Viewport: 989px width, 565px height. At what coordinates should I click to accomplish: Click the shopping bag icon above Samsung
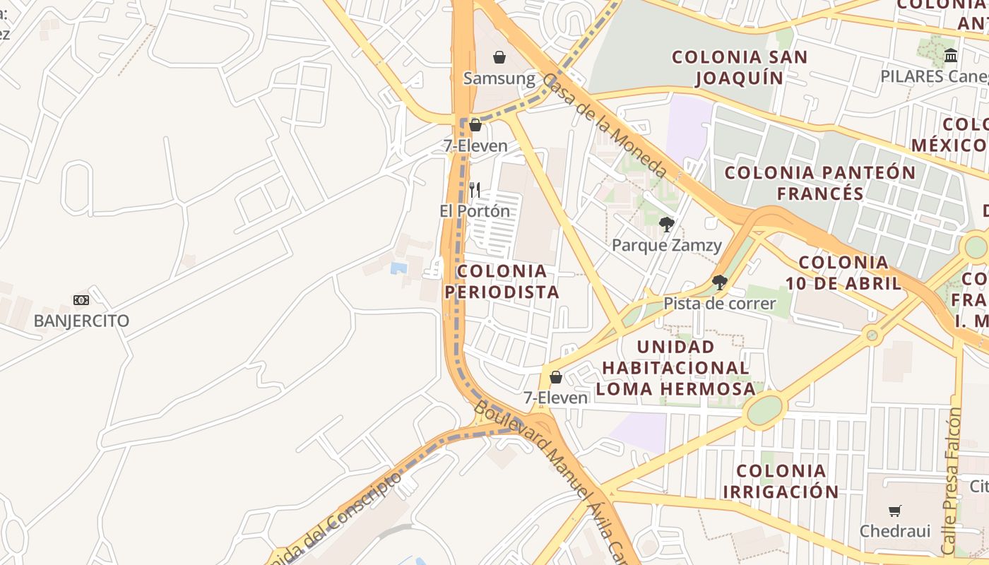(499, 57)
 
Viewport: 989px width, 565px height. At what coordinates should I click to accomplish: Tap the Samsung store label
(499, 78)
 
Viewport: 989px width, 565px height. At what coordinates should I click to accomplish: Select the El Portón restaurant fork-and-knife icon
(475, 189)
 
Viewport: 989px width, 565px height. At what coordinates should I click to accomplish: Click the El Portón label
(475, 211)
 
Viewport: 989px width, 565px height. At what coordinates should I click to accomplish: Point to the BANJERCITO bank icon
(81, 300)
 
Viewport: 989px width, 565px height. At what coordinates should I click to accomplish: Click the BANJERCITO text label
(82, 321)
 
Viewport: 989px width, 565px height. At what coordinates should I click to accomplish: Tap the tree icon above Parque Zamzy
(666, 225)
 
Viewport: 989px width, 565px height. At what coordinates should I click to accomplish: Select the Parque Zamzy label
(667, 246)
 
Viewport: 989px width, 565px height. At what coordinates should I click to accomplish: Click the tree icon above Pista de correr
(720, 282)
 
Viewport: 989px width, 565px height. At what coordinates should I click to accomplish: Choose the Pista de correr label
(719, 304)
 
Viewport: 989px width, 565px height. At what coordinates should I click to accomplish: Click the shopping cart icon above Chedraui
(895, 511)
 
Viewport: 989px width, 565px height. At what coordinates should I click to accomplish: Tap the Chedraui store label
(895, 531)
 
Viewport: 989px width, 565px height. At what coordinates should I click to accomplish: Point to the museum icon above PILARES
(951, 55)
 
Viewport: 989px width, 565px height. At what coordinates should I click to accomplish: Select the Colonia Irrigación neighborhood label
(781, 481)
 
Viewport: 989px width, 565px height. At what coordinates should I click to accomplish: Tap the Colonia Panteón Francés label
(820, 183)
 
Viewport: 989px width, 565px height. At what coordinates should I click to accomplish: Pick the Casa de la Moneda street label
(605, 126)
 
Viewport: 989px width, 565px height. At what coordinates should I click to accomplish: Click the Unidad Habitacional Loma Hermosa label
(675, 367)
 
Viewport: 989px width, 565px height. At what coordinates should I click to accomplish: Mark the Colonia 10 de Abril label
(844, 273)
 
